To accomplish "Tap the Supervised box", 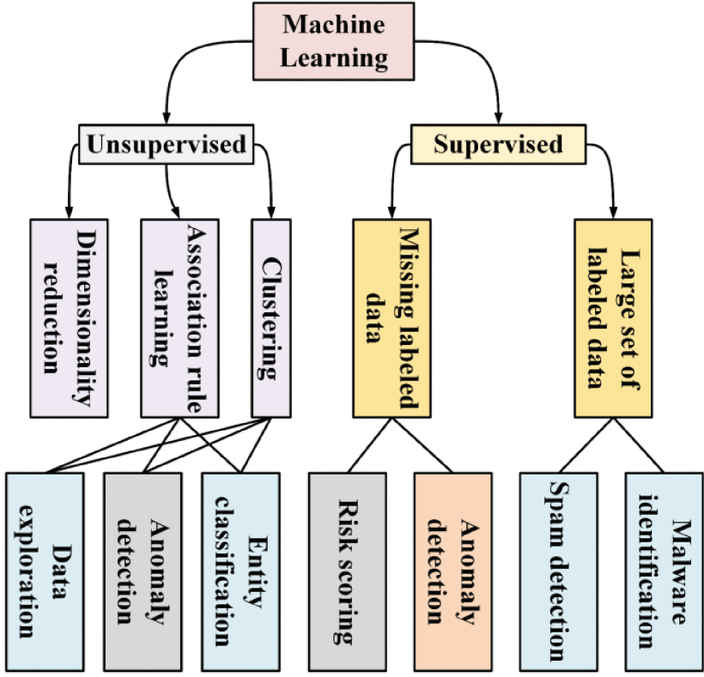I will click(x=497, y=143).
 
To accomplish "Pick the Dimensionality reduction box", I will click(x=69, y=317).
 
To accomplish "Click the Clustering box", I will click(x=270, y=317).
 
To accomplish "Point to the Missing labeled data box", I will click(x=391, y=317).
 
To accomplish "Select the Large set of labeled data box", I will click(x=613, y=317).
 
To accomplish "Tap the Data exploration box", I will click(x=45, y=570).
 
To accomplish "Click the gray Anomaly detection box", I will click(x=143, y=570).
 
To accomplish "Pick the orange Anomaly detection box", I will click(x=452, y=570).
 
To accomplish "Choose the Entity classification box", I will click(x=240, y=570).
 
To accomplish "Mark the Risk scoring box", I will click(x=346, y=570).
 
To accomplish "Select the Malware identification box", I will click(x=662, y=570).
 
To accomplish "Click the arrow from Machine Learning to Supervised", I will click(x=481, y=69).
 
